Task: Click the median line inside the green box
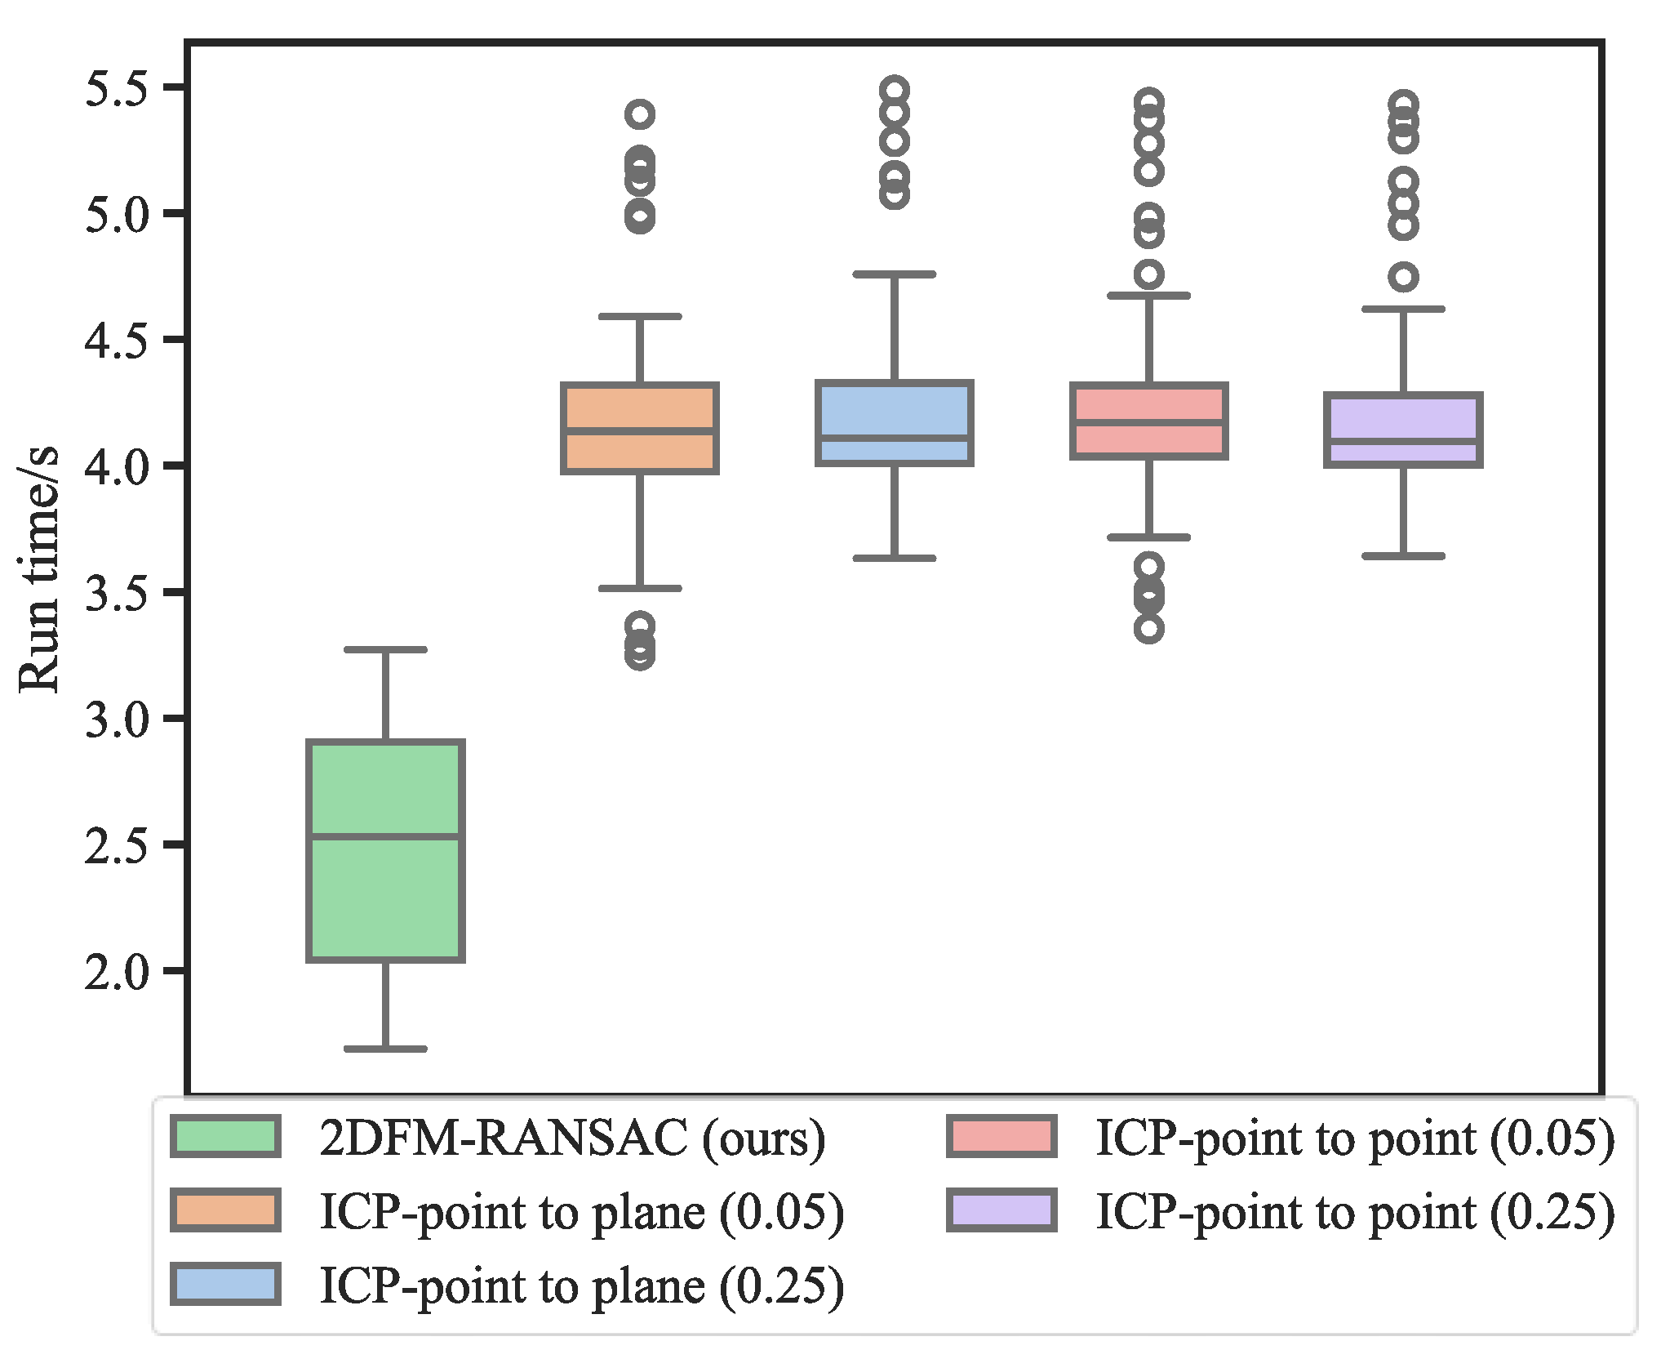pos(385,835)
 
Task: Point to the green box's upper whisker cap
pos(385,649)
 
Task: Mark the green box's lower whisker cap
pos(385,1048)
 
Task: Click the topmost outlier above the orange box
pos(640,114)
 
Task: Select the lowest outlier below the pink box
pos(1148,628)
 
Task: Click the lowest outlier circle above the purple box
pos(1403,277)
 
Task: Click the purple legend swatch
pos(1001,1210)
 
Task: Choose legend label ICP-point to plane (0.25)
pos(581,1285)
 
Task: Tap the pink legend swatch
pos(1001,1136)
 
